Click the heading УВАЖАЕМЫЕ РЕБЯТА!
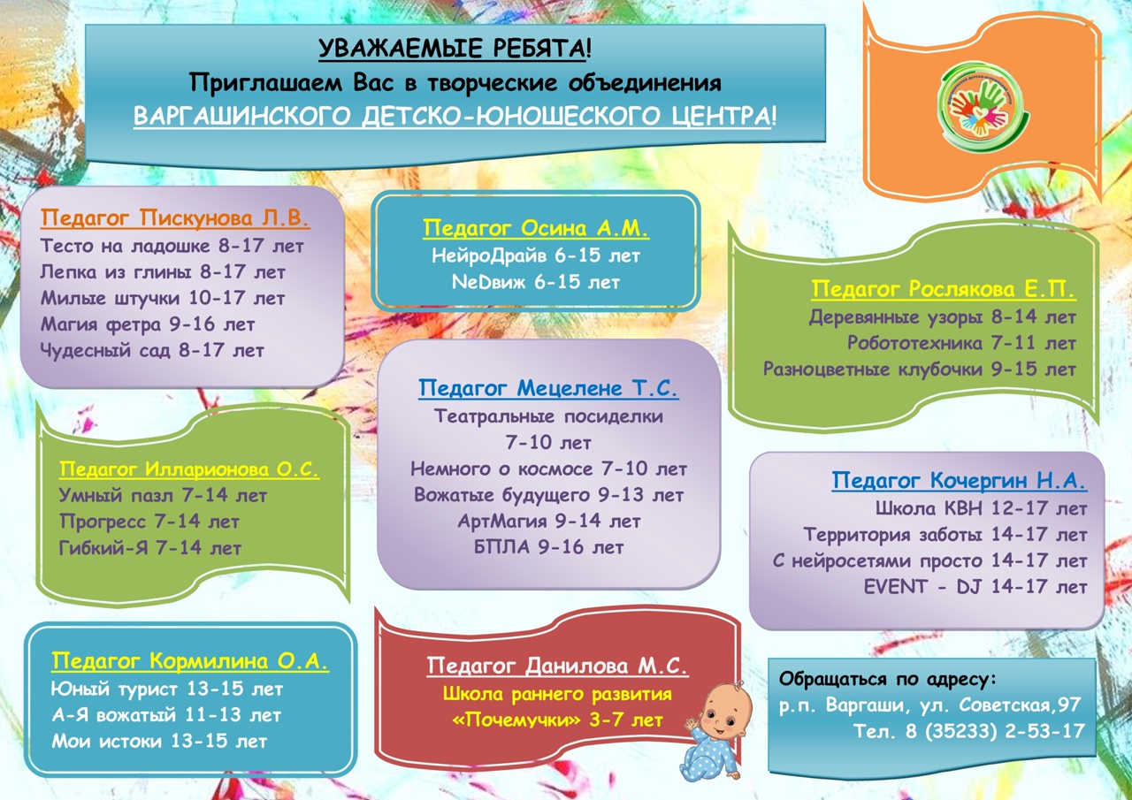[x=455, y=49]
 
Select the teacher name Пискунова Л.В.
[x=225, y=217]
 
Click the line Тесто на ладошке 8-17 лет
[x=172, y=246]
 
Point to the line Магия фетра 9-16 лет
[x=148, y=324]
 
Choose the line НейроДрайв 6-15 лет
[x=536, y=255]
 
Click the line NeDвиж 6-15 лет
[x=536, y=282]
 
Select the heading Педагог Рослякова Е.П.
[x=944, y=289]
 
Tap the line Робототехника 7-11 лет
[x=961, y=344]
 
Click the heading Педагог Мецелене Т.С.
[x=548, y=388]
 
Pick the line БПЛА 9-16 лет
[x=549, y=547]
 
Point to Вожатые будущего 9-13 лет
[x=549, y=495]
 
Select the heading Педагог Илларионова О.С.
[x=189, y=469]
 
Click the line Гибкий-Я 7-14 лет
[x=150, y=548]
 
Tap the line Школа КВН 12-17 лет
[x=981, y=508]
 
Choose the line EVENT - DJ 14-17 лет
[x=975, y=587]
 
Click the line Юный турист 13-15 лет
[x=167, y=689]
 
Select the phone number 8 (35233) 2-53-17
[x=995, y=731]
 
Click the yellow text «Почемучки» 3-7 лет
[x=558, y=720]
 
